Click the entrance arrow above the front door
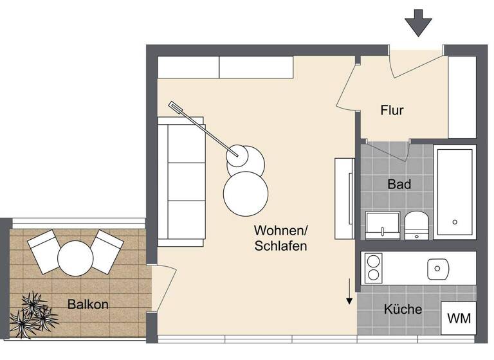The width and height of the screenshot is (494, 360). click(419, 24)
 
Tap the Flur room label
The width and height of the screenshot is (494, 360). click(392, 110)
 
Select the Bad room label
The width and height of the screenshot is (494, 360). click(399, 184)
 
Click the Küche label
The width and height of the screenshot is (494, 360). click(403, 309)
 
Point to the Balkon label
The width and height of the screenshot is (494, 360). click(87, 303)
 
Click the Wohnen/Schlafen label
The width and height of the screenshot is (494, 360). click(280, 238)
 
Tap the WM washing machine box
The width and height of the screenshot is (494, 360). click(459, 318)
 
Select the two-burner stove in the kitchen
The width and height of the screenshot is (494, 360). click(373, 268)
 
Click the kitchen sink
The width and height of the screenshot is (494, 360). click(438, 268)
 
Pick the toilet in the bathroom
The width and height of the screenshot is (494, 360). click(417, 223)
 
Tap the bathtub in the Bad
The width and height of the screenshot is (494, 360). click(455, 192)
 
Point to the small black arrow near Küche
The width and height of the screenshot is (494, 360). click(349, 292)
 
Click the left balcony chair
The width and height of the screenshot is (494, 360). click(44, 251)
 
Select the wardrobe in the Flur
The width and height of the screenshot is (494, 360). click(462, 97)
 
